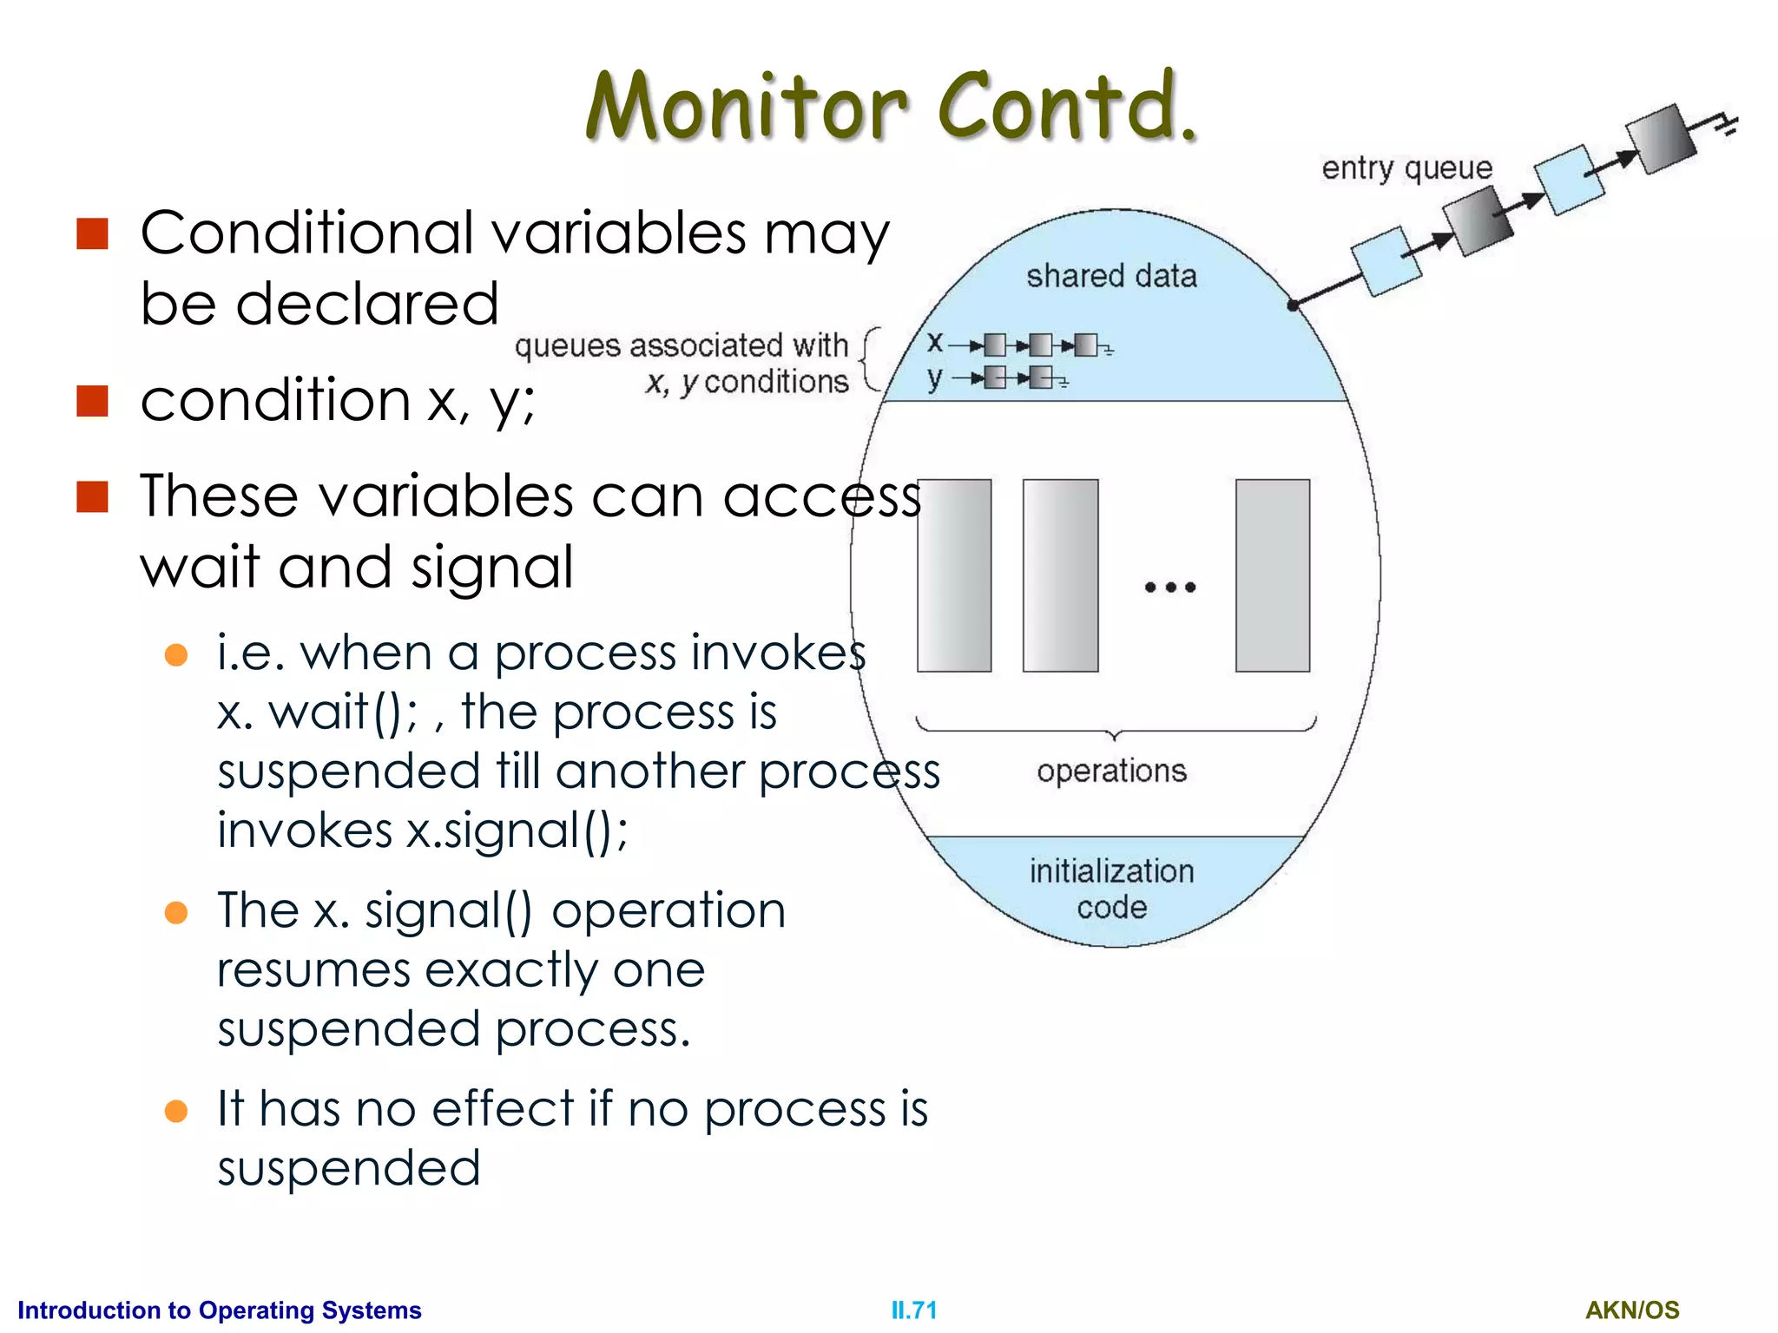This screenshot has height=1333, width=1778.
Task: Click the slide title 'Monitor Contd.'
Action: tap(892, 108)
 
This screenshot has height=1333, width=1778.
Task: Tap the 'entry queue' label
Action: tap(1406, 167)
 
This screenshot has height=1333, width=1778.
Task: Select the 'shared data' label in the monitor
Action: tap(1110, 276)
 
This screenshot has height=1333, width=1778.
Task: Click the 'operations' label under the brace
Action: tap(1110, 771)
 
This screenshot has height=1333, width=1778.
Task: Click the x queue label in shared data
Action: tap(934, 343)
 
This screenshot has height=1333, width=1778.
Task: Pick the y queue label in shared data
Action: tap(934, 378)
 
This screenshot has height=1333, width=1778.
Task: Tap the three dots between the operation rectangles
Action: tap(1169, 588)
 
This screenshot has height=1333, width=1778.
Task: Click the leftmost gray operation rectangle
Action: tap(954, 575)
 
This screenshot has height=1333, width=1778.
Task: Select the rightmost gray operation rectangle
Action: tap(1272, 575)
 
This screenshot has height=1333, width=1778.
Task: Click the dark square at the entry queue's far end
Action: tap(1660, 139)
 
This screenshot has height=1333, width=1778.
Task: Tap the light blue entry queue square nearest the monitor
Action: tap(1386, 260)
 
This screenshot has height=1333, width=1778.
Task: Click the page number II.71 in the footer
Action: tap(913, 1310)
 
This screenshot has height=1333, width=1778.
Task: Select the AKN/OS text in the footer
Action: tap(1631, 1310)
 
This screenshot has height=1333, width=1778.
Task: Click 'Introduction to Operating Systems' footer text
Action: tap(220, 1310)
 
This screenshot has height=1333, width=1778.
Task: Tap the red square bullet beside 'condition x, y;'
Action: tap(92, 402)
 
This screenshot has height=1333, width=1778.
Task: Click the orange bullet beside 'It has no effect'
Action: tap(176, 1111)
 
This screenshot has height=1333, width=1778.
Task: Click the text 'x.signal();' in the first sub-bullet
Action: tap(517, 831)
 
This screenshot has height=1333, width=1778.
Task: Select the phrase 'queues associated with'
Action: tap(681, 345)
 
